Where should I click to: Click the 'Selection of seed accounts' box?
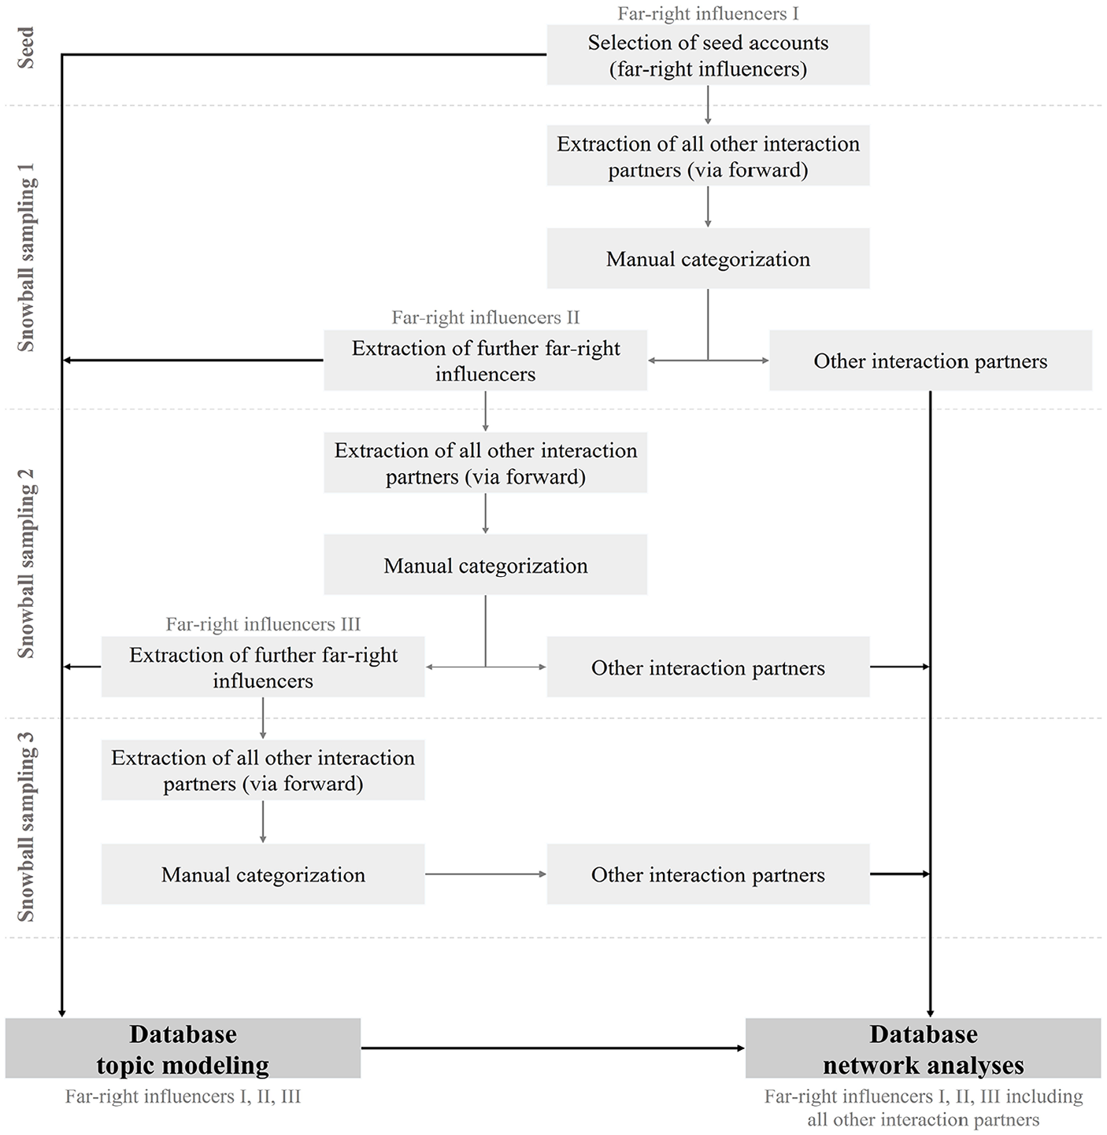pyautogui.click(x=708, y=55)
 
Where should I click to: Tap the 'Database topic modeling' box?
pyautogui.click(x=183, y=1048)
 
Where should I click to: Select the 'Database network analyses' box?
pyautogui.click(x=924, y=1048)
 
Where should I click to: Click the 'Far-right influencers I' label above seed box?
pyautogui.click(x=708, y=13)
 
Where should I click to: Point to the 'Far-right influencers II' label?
pyautogui.click(x=486, y=317)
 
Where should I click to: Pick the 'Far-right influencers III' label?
pyautogui.click(x=263, y=624)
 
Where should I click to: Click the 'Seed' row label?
pyautogui.click(x=26, y=48)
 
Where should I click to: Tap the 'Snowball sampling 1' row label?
pyautogui.click(x=26, y=257)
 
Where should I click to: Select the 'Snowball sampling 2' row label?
pyautogui.click(x=26, y=564)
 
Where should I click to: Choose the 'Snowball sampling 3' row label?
pyautogui.click(x=26, y=827)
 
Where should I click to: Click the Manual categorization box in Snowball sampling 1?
pyautogui.click(x=708, y=258)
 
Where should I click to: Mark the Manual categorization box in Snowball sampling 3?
pyautogui.click(x=263, y=874)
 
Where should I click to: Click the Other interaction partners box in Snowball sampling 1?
pyautogui.click(x=930, y=360)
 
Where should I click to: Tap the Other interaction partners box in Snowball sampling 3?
pyautogui.click(x=708, y=874)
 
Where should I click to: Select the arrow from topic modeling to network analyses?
pyautogui.click(x=553, y=1048)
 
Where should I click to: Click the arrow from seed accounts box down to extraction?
pyautogui.click(x=708, y=105)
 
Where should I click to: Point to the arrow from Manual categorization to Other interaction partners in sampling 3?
pyautogui.click(x=486, y=874)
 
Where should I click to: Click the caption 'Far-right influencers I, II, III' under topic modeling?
pyautogui.click(x=183, y=1096)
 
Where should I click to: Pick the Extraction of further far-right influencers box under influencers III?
pyautogui.click(x=263, y=667)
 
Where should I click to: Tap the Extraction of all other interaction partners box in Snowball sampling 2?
pyautogui.click(x=486, y=463)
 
